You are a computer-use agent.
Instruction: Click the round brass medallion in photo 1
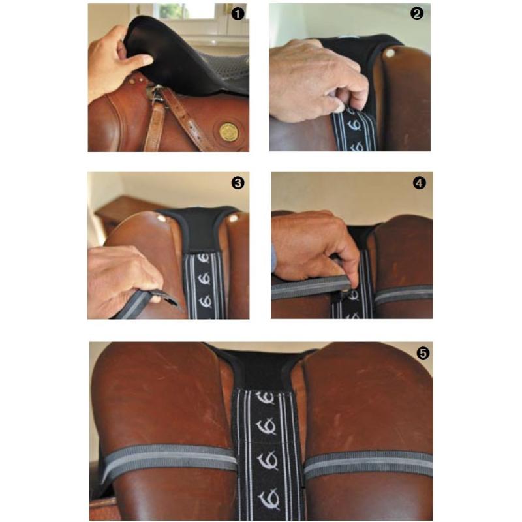pyautogui.click(x=228, y=131)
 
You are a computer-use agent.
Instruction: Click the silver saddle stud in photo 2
pyautogui.click(x=390, y=54)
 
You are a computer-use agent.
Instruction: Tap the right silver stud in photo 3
pyautogui.click(x=233, y=220)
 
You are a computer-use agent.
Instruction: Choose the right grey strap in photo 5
pyautogui.click(x=369, y=463)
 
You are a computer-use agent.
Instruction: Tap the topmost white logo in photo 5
pyautogui.click(x=267, y=398)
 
